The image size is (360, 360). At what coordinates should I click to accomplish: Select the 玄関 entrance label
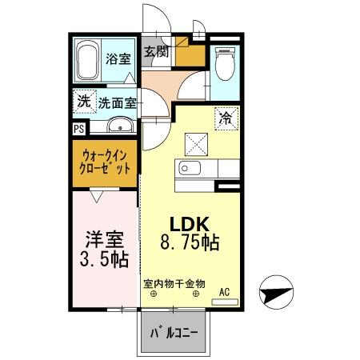[157, 53]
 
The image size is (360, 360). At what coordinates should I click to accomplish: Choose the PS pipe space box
[78, 127]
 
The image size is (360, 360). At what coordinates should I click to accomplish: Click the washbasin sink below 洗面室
[119, 125]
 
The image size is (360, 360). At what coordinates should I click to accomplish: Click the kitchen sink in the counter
[188, 169]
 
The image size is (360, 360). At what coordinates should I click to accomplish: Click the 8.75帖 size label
[190, 242]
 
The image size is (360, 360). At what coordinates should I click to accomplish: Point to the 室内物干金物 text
[174, 283]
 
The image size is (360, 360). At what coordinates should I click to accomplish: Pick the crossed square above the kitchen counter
[197, 144]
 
